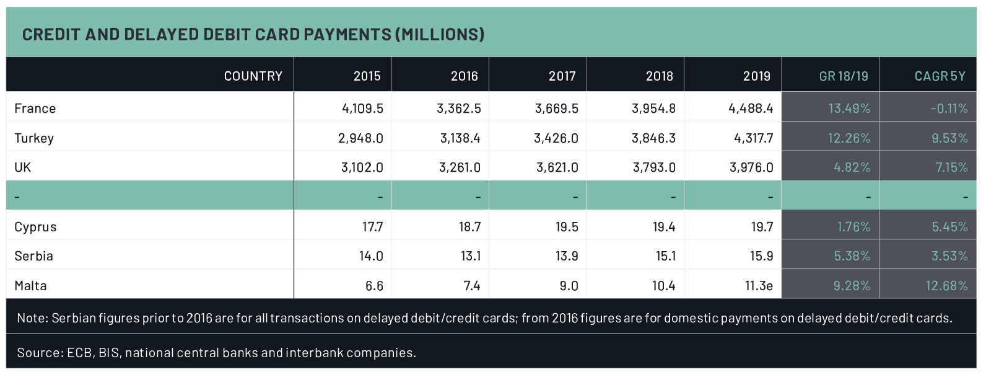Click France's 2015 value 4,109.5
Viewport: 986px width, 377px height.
click(362, 109)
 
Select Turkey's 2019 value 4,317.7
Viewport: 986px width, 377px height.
click(753, 138)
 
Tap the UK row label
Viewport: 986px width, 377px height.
click(23, 167)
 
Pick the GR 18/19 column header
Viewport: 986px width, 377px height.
click(844, 76)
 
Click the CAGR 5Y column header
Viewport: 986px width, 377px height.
click(940, 76)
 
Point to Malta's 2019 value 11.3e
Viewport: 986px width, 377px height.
click(759, 286)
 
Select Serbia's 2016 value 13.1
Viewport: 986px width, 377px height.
click(471, 256)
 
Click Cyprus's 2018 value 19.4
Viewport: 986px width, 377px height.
click(664, 227)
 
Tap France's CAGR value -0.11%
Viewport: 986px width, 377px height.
click(949, 109)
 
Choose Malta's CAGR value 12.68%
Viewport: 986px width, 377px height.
click(946, 286)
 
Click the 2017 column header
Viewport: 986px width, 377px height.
click(562, 76)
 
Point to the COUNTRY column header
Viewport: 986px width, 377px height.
click(253, 76)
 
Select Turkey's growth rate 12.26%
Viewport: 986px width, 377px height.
click(849, 138)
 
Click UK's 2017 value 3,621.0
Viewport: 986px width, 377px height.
click(557, 167)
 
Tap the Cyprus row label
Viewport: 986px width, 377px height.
click(35, 227)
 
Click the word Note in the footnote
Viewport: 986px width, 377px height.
click(32, 318)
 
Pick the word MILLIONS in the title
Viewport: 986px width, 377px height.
click(440, 34)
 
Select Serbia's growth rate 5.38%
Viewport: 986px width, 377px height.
click(852, 256)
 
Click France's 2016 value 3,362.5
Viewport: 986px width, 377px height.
click(459, 109)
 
